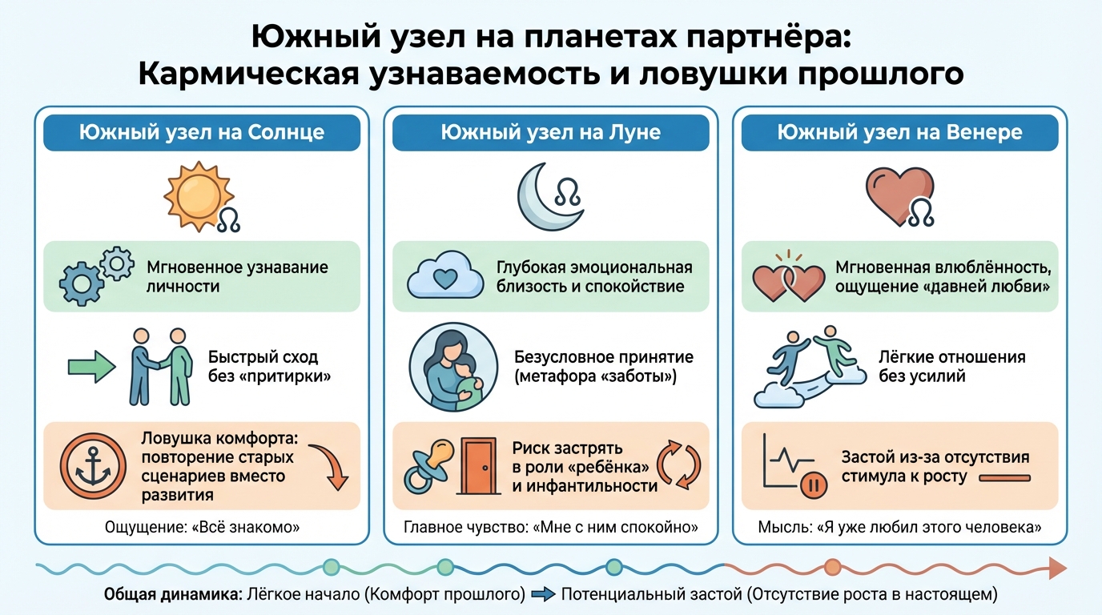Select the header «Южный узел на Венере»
tap(899, 133)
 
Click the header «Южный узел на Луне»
tap(550, 133)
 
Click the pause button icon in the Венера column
tap(814, 484)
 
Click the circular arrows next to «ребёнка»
tap(678, 464)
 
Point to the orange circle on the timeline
tap(832, 567)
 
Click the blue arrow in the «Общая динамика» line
tap(543, 595)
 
